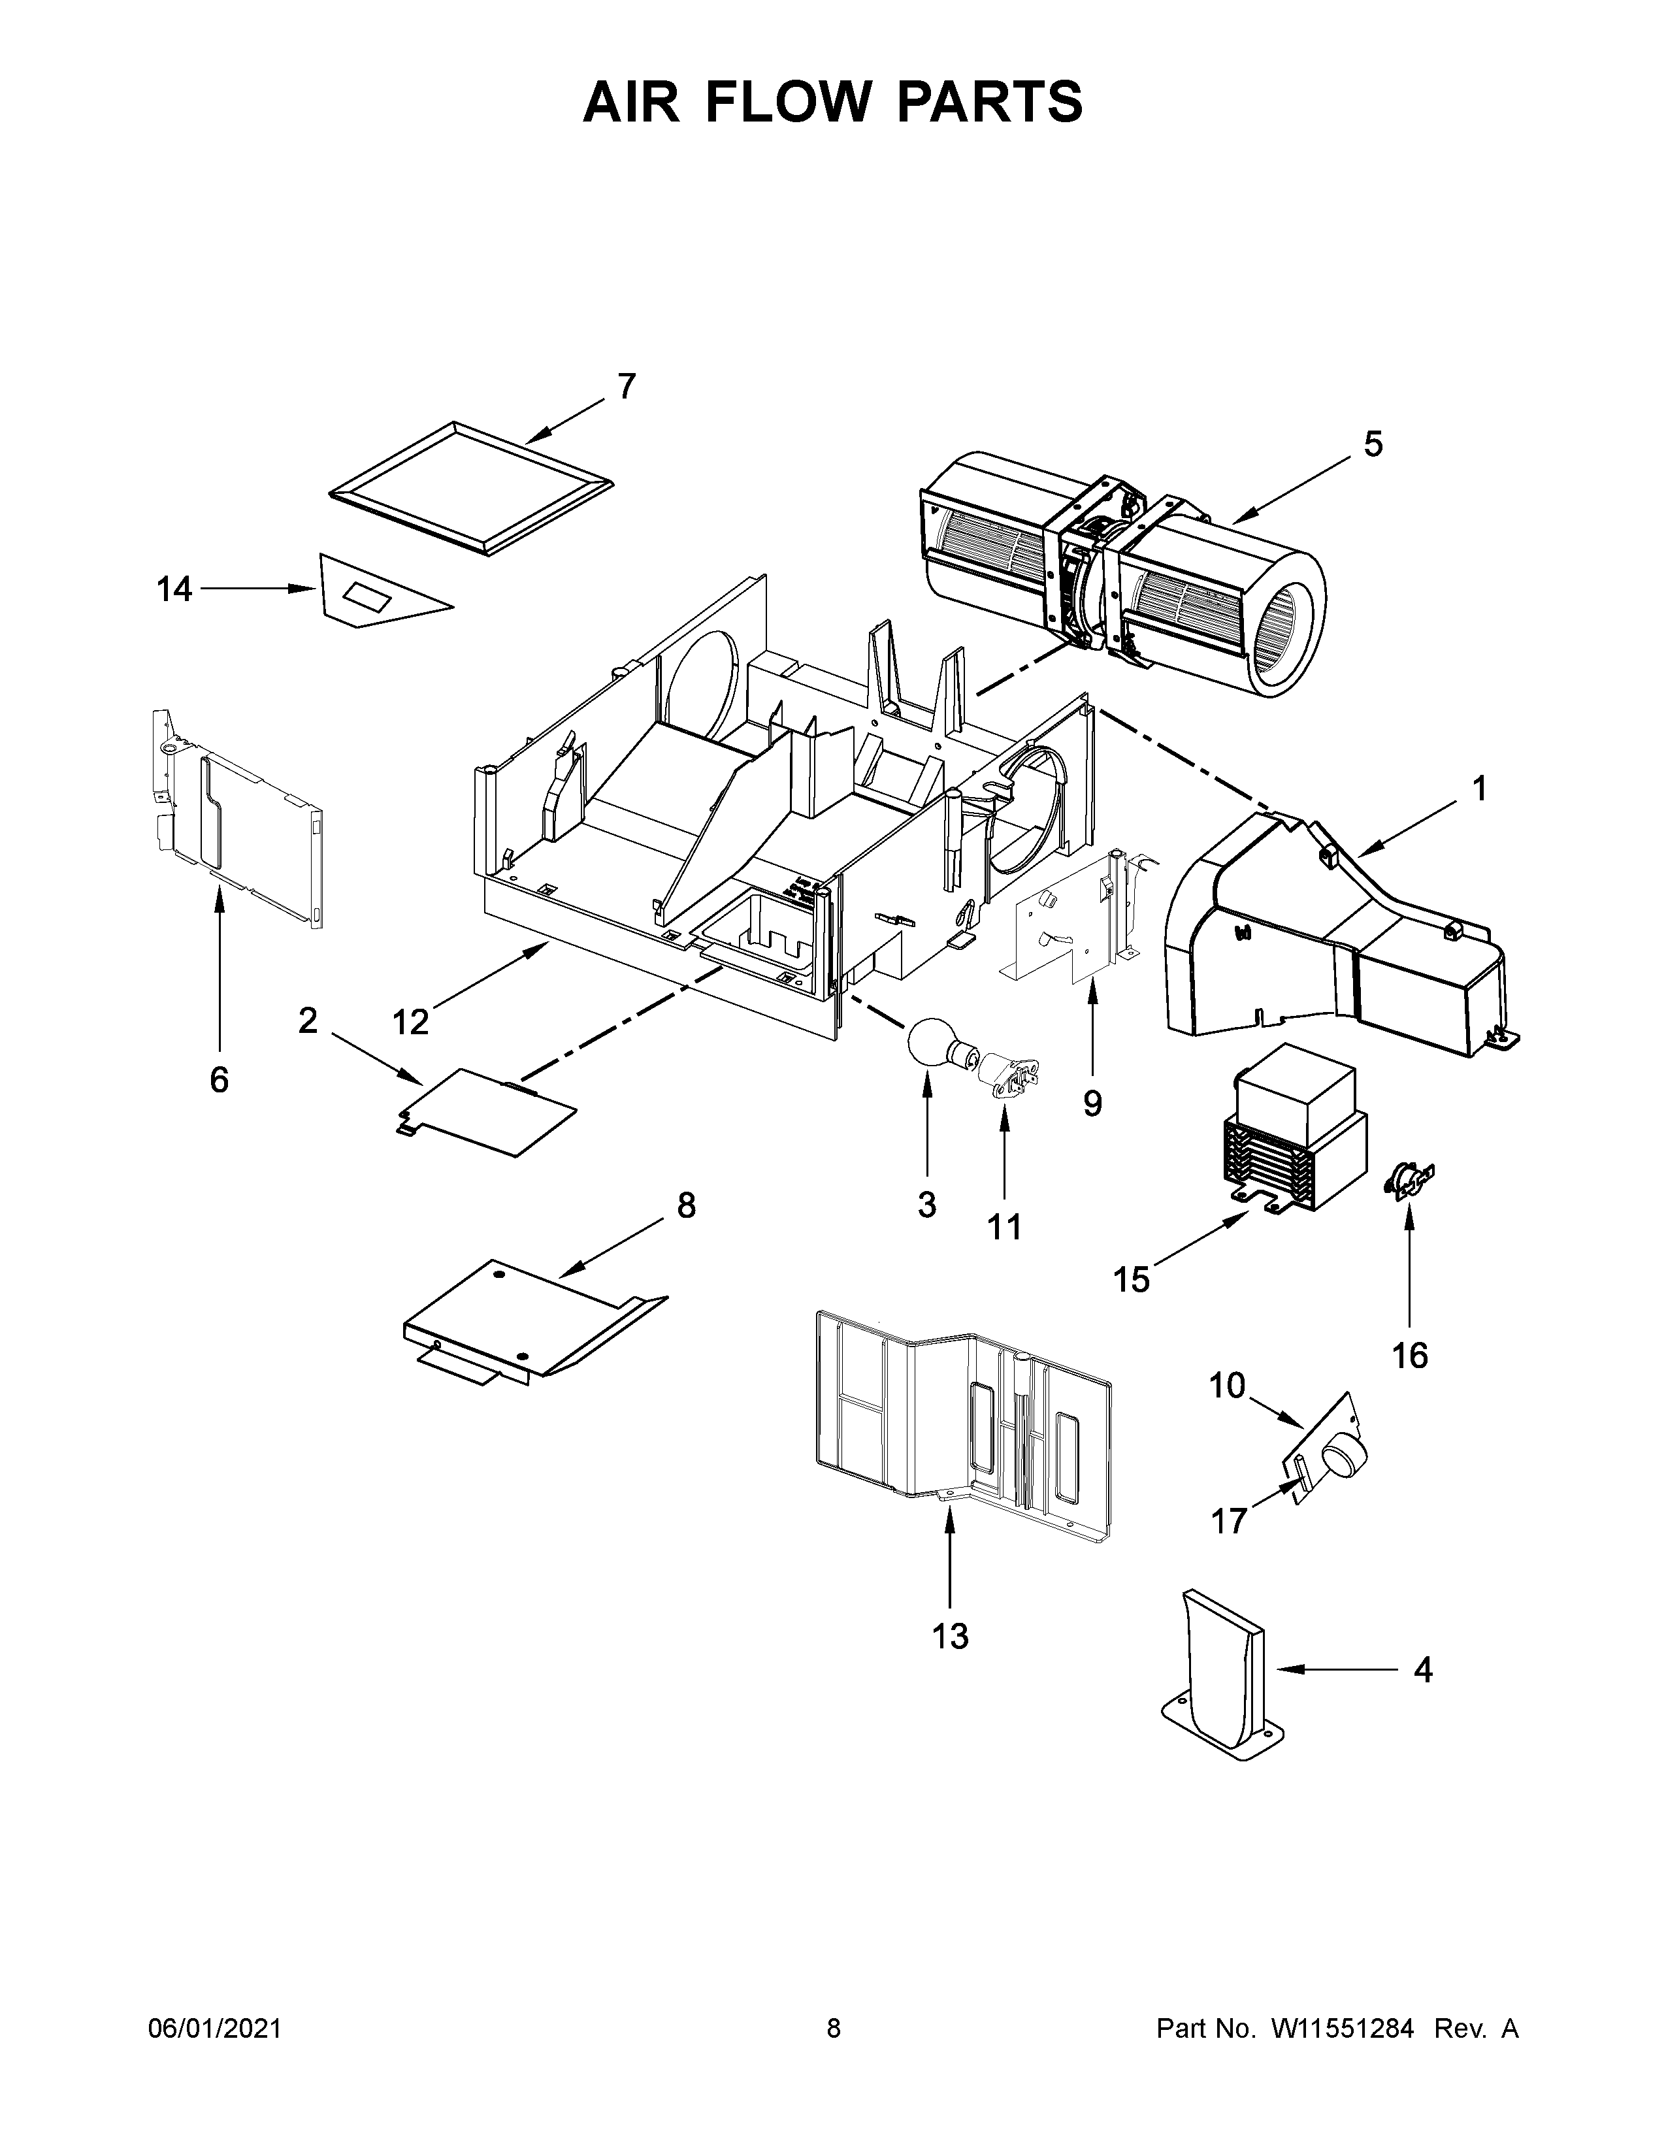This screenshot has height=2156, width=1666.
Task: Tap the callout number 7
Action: point(627,386)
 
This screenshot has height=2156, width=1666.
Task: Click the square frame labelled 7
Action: point(469,489)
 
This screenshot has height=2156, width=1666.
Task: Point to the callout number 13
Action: point(949,1637)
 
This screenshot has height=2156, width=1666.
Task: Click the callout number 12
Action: point(410,1022)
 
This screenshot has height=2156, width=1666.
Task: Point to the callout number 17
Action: point(1229,1521)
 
